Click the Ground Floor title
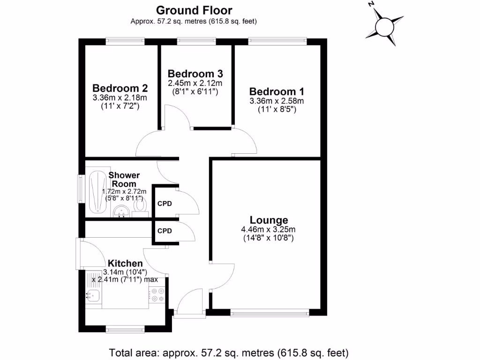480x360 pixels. pos(194,10)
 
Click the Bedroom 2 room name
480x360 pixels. pos(120,88)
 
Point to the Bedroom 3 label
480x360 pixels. pos(195,74)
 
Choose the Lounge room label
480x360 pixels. pos(269,220)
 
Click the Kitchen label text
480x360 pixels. pos(125,263)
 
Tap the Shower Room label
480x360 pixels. pos(124,180)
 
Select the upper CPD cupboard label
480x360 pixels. pos(165,204)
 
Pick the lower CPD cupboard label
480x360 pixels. pos(165,231)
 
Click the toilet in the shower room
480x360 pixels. pos(139,206)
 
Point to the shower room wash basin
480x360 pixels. pos(122,212)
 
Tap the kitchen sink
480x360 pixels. pos(93,296)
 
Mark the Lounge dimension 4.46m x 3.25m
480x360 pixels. pos(269,230)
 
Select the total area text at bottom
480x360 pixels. pos(229,352)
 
